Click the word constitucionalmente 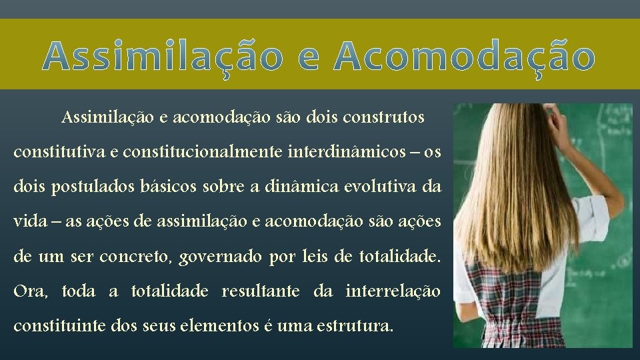pyautogui.click(x=191, y=153)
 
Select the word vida pyautogui.click(x=27, y=222)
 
